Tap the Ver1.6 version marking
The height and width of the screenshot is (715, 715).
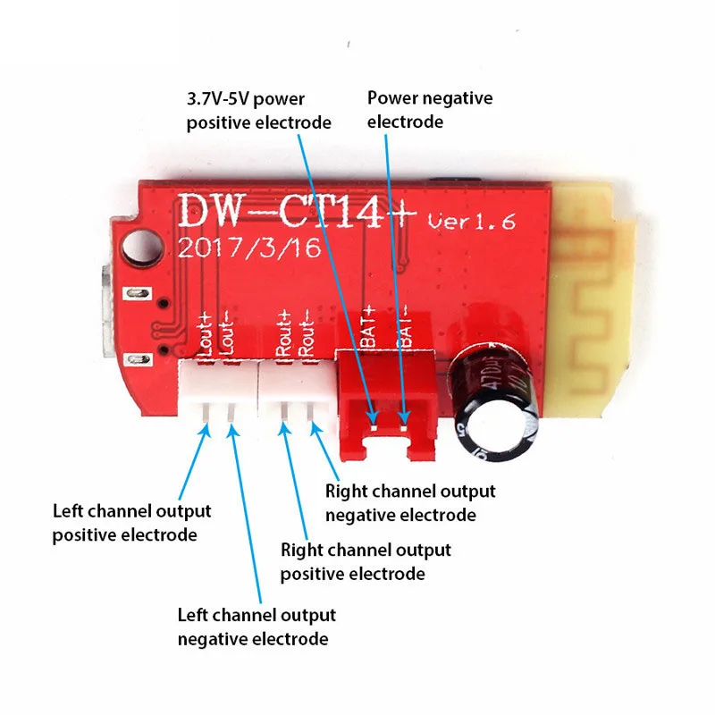472,222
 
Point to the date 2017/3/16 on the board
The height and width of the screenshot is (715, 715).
249,248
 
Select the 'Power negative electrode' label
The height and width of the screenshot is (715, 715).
430,109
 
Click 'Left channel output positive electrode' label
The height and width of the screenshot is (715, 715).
132,523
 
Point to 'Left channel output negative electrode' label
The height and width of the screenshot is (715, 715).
257,627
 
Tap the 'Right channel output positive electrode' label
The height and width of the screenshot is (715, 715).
366,561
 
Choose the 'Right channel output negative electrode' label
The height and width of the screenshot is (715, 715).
410,503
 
